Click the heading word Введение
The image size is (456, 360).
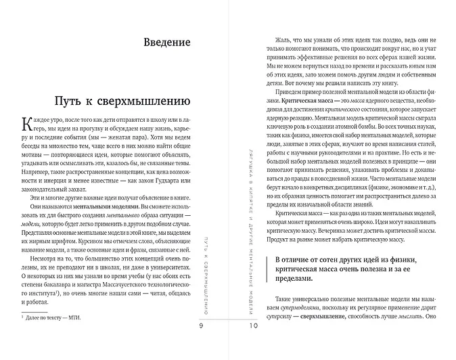(166, 42)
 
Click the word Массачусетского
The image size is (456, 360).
(107, 285)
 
